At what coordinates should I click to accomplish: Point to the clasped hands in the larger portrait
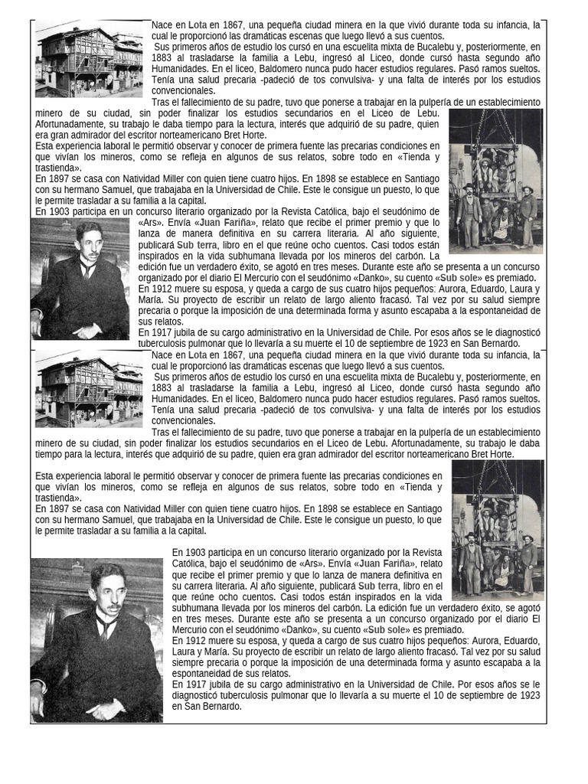(107, 707)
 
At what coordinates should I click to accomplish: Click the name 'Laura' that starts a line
(185, 652)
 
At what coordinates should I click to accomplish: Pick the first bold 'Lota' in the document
(198, 25)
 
